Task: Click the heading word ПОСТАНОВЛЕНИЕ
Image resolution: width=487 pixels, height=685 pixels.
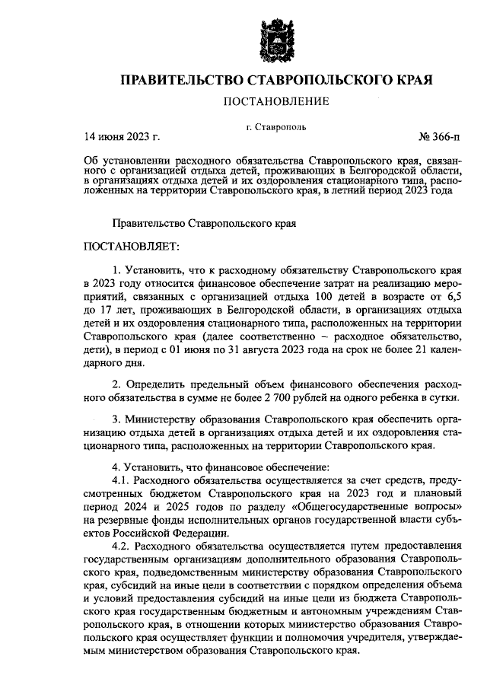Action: click(x=275, y=101)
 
